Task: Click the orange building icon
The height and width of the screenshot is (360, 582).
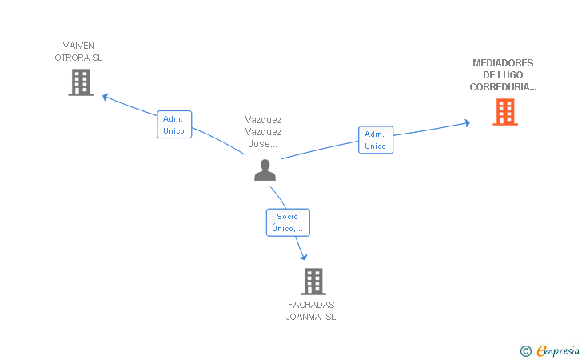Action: point(505,112)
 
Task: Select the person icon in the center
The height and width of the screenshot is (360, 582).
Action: point(265,170)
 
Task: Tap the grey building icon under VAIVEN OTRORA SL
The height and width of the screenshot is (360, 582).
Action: point(81,82)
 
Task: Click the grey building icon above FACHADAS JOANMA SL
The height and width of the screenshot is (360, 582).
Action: point(313,282)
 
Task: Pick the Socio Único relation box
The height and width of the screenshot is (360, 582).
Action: point(288,222)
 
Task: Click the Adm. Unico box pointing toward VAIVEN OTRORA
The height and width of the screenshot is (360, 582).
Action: point(174,125)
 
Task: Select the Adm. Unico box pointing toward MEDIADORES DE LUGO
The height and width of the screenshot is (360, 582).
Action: point(376,140)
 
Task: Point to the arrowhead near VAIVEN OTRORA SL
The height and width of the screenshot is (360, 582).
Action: point(105,97)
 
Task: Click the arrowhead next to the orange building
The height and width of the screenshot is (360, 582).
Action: point(468,123)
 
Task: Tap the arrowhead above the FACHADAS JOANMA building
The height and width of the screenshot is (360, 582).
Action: point(304,257)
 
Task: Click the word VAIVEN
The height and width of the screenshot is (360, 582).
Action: point(78,46)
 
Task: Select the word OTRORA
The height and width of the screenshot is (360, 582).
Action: point(68,58)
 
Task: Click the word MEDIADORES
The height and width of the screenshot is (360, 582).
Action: point(503,62)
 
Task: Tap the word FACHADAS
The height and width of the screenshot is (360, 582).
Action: point(311,305)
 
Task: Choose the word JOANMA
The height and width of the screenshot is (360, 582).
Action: point(303,317)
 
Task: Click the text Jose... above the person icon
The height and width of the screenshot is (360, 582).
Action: point(263,144)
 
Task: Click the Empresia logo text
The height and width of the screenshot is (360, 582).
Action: point(558,350)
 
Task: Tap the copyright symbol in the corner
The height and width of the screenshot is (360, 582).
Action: point(525,351)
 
